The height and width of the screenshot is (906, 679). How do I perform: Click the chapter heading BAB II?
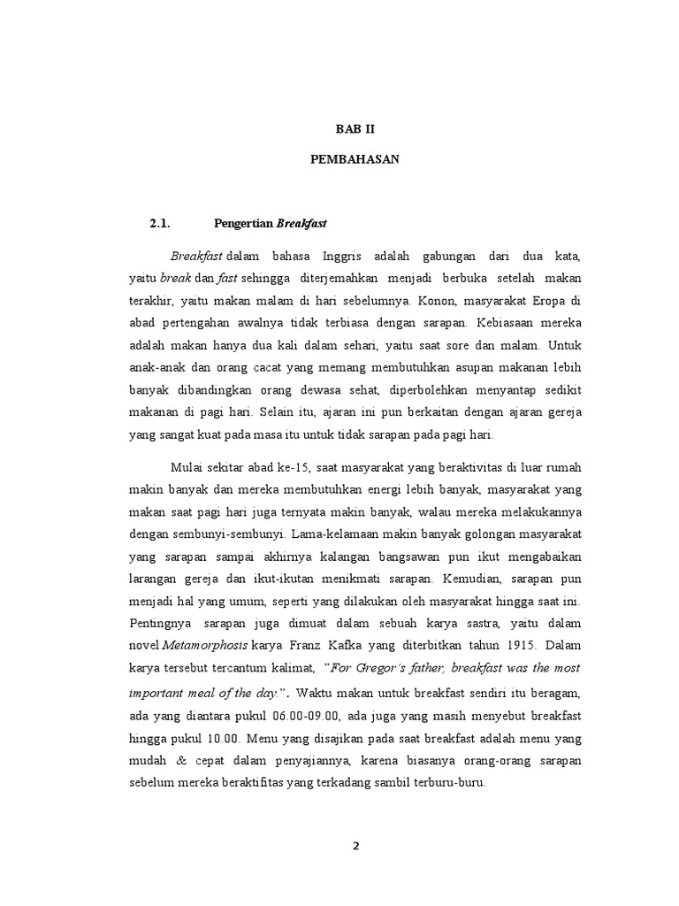coord(355,128)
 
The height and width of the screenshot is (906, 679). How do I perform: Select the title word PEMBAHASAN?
coord(355,159)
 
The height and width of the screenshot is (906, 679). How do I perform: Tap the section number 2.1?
coord(159,224)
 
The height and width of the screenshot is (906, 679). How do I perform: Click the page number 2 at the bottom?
coord(355,844)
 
